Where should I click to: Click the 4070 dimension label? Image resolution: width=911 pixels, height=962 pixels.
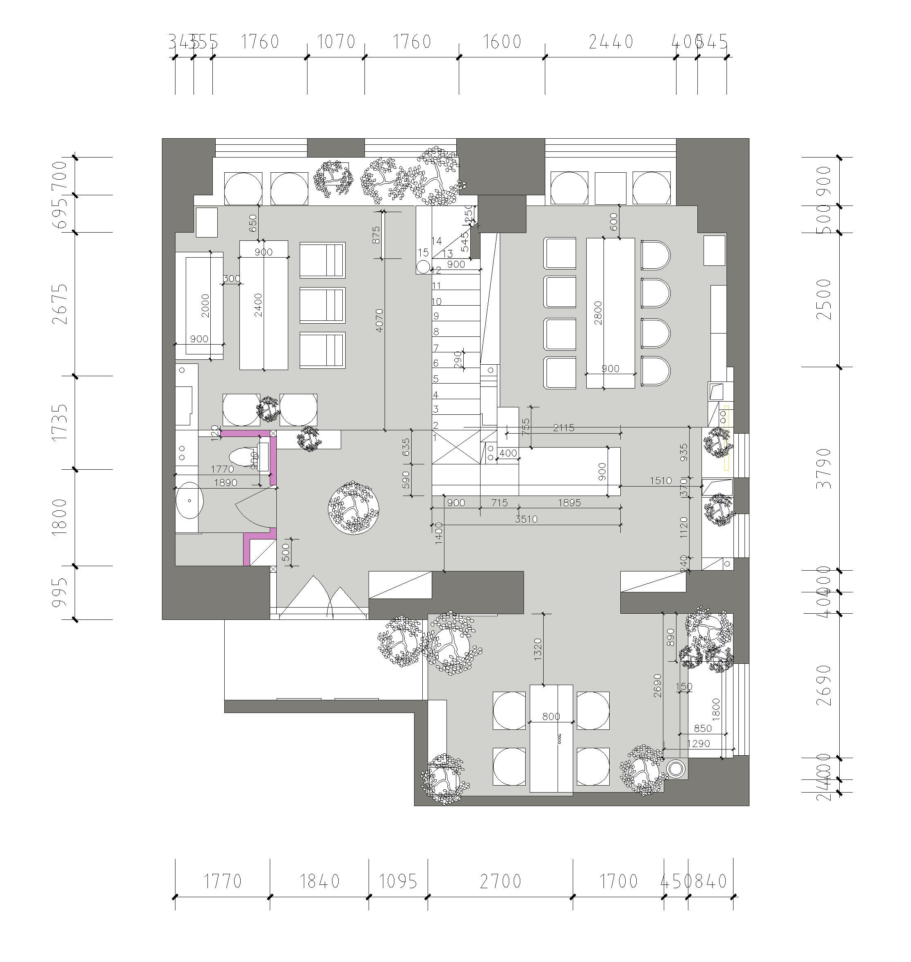click(379, 320)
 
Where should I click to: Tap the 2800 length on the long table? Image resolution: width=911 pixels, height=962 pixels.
click(598, 313)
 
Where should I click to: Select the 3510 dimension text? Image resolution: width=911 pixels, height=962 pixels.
click(526, 519)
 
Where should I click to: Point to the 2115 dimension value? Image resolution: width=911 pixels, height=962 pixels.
click(563, 427)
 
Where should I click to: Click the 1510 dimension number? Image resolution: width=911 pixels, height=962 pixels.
click(660, 480)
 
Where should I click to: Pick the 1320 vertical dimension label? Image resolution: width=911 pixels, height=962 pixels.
click(537, 649)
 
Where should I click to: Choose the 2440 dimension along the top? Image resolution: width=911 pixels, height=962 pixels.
click(611, 42)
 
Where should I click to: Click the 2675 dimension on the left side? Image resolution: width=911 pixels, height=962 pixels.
click(61, 304)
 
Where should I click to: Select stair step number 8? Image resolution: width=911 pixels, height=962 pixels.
click(436, 332)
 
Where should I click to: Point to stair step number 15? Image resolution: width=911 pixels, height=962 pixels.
click(423, 253)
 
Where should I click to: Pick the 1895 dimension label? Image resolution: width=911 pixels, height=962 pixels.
click(569, 503)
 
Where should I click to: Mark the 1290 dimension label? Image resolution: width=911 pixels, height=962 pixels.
click(698, 743)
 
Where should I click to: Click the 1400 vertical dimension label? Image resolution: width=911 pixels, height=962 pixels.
click(439, 533)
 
